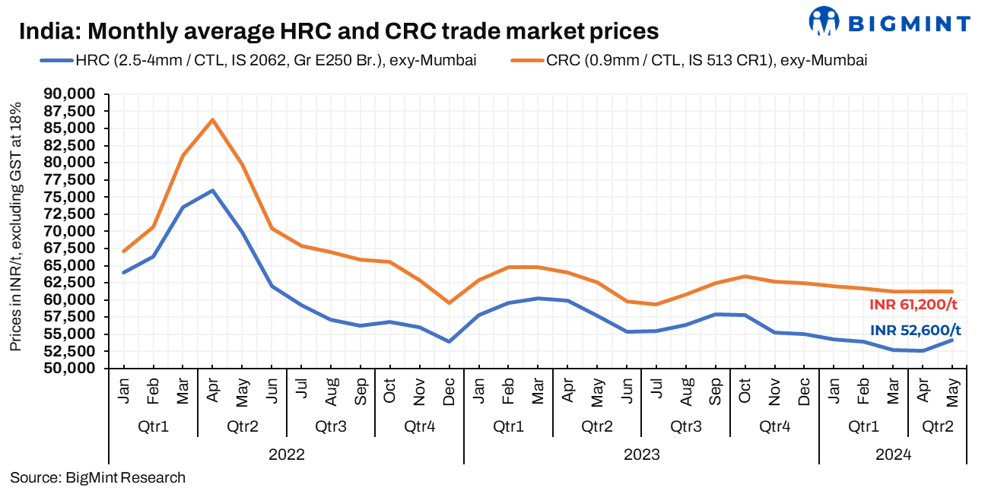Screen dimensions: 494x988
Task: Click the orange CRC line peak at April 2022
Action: click(x=212, y=119)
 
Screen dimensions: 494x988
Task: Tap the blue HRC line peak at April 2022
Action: click(x=212, y=190)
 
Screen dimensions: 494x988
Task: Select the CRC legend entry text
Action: click(x=707, y=61)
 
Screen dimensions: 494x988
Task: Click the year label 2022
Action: click(x=287, y=455)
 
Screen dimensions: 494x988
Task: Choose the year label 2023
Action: click(x=641, y=455)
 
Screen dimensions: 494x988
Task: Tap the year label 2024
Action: click(x=892, y=455)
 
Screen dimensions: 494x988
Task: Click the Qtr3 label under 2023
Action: click(x=685, y=426)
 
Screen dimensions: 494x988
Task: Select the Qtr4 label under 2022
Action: click(x=420, y=426)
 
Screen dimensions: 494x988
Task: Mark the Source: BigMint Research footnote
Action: click(x=98, y=478)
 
